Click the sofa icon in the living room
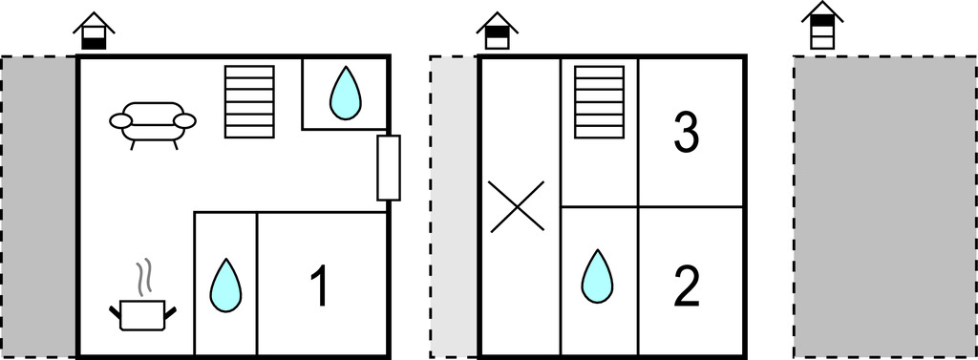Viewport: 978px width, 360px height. click(x=153, y=125)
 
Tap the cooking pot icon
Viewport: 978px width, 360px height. click(x=143, y=315)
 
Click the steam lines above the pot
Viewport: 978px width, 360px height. click(x=143, y=277)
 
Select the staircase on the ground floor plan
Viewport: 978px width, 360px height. click(x=249, y=102)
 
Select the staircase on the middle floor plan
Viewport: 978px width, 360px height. click(x=600, y=102)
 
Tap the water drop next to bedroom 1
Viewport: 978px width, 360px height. click(x=225, y=285)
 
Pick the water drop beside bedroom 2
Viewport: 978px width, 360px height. click(x=598, y=276)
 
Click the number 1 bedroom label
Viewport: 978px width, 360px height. click(x=319, y=287)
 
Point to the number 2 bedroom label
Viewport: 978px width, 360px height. click(x=688, y=287)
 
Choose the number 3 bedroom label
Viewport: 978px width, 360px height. click(x=686, y=135)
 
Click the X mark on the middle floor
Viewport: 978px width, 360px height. click(x=517, y=206)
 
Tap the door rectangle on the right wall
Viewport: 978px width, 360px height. click(x=388, y=168)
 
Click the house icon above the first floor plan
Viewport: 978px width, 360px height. click(x=95, y=31)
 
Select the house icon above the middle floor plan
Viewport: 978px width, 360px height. click(x=498, y=31)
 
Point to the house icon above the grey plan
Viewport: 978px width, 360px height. click(x=822, y=25)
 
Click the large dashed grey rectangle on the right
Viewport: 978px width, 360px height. click(x=885, y=207)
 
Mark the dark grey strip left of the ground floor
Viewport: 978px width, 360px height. click(x=38, y=207)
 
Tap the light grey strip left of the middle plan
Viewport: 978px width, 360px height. click(x=454, y=207)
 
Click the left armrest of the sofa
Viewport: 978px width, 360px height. click(x=121, y=121)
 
